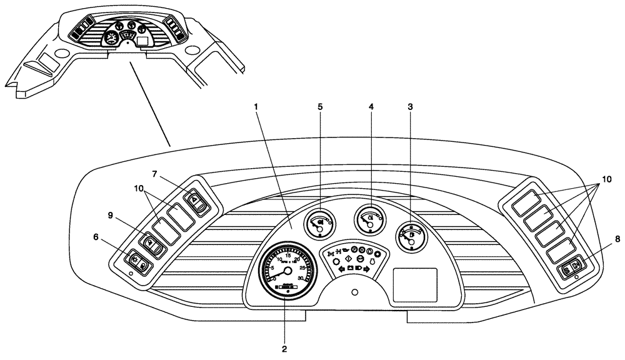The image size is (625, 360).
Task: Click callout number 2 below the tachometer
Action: coord(284,348)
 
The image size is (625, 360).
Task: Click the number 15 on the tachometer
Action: coord(287,256)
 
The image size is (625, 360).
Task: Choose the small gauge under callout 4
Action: coord(369,219)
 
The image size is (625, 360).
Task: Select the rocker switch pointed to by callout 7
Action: coord(196,201)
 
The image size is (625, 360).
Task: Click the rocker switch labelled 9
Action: coord(151,246)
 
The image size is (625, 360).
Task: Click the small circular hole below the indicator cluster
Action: coord(355,292)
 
